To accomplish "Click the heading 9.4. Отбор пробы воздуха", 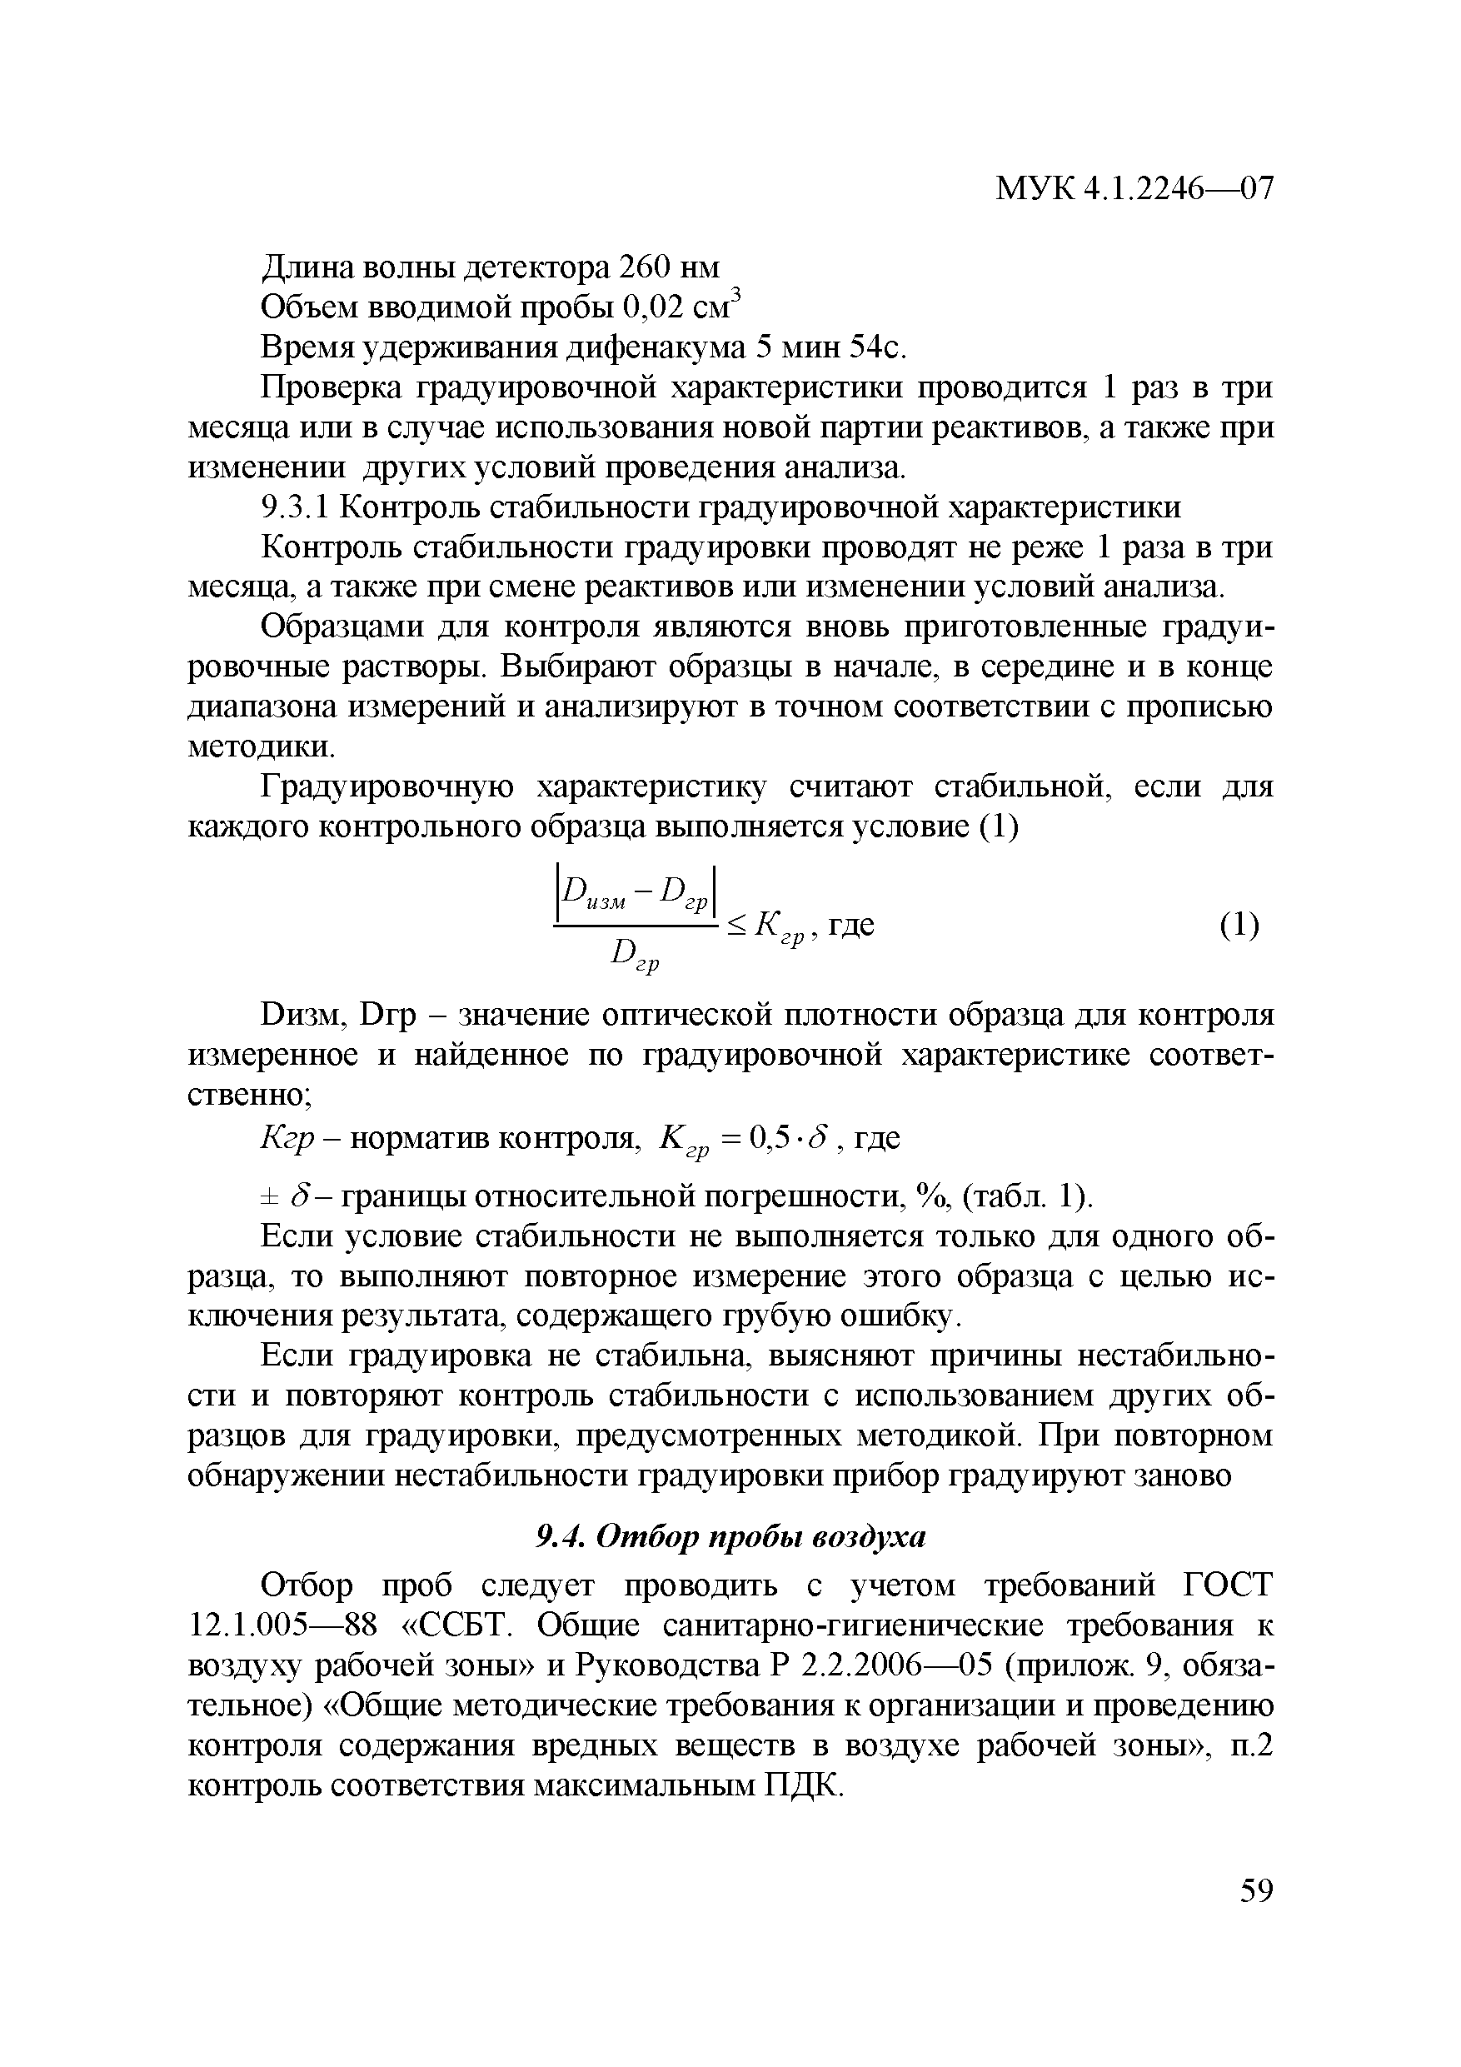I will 730,1537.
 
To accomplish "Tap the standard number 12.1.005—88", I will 279,1626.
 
